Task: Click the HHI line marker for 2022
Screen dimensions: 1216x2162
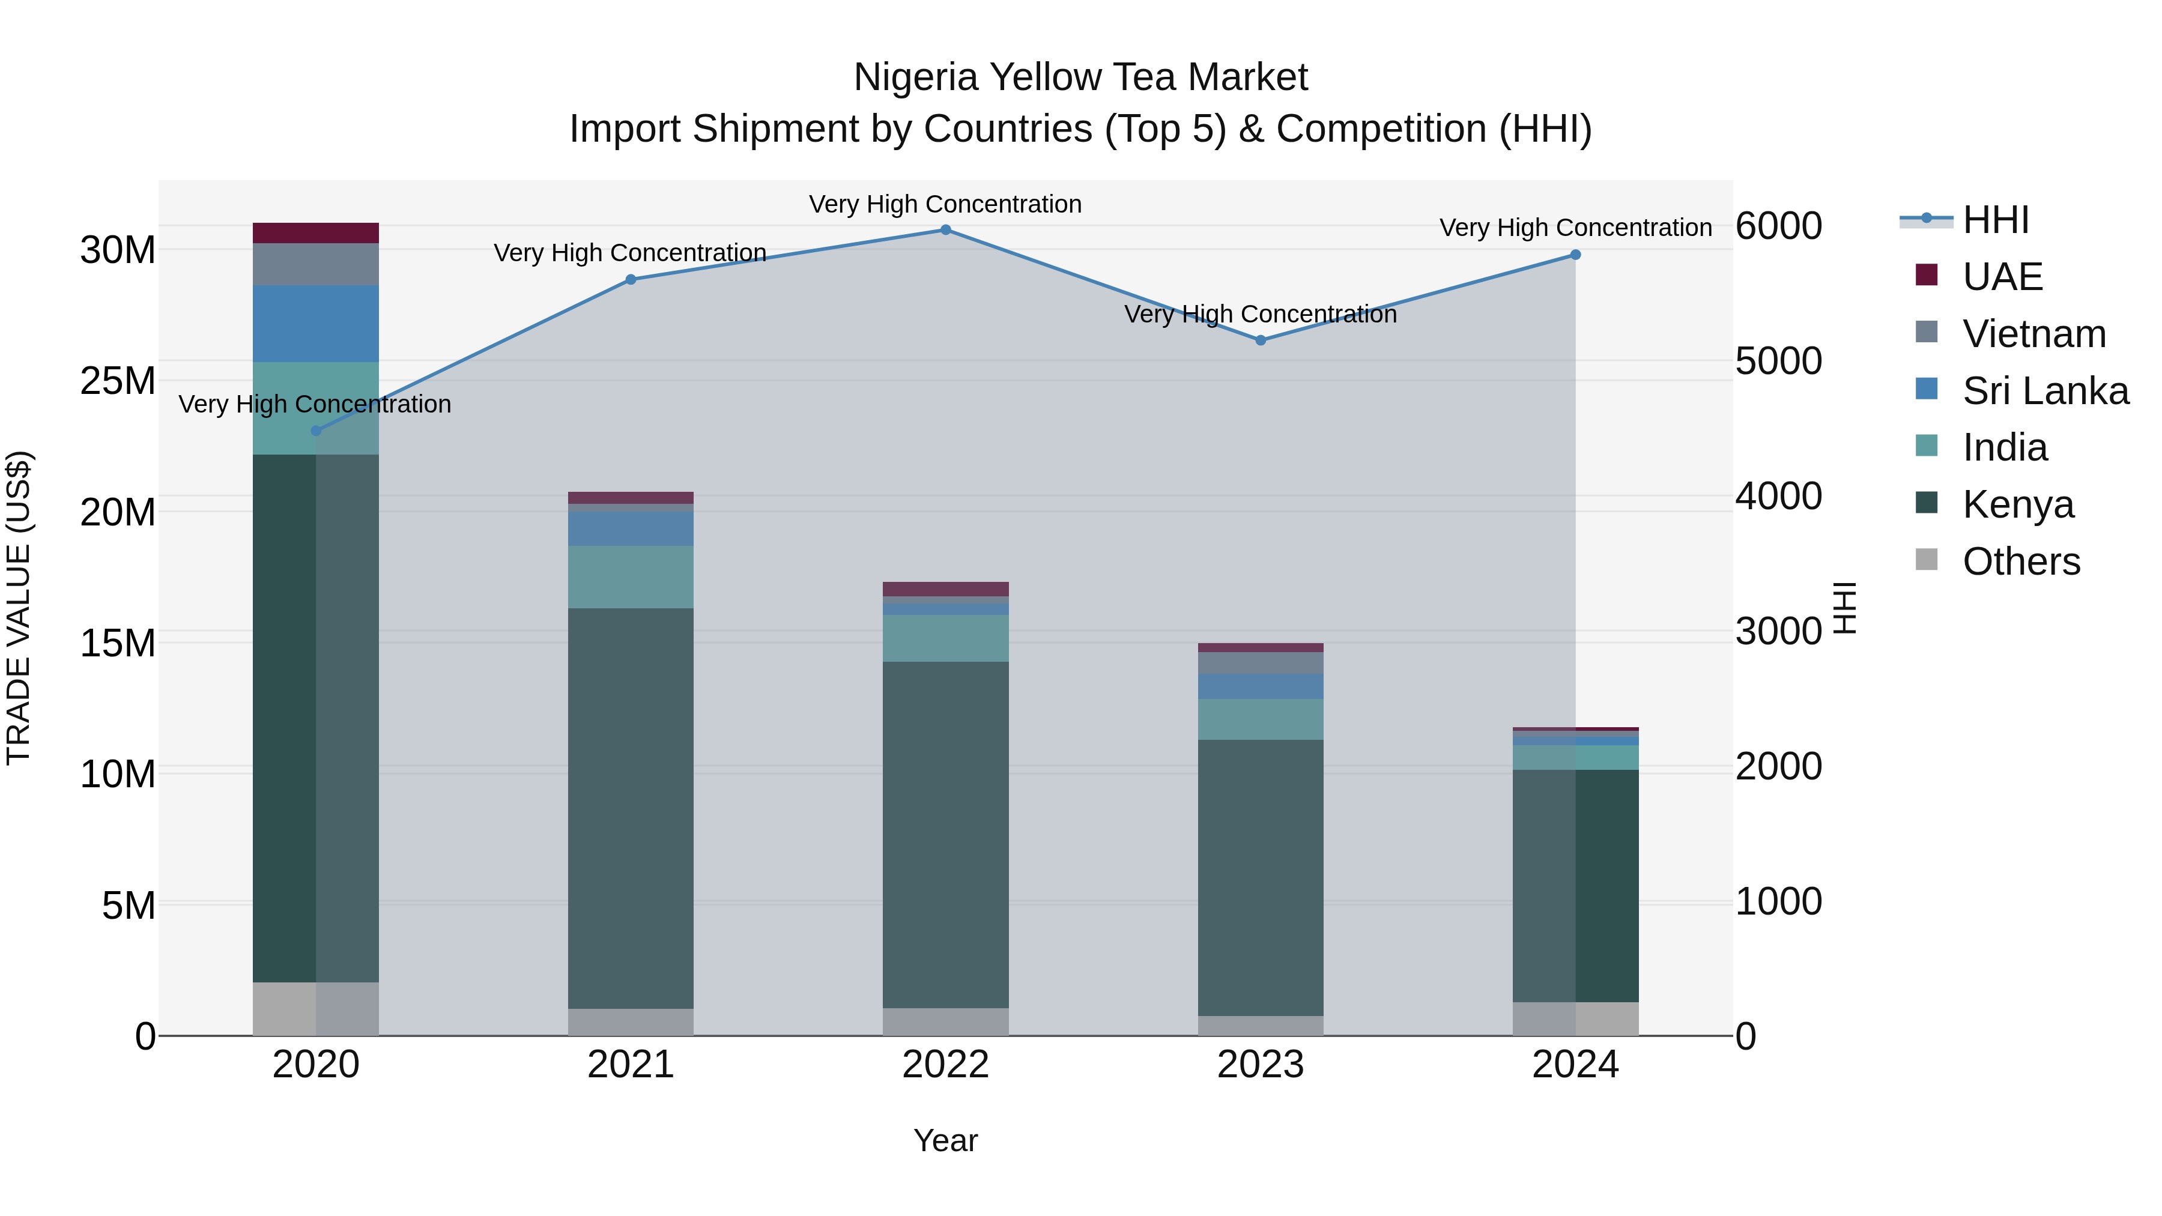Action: click(945, 230)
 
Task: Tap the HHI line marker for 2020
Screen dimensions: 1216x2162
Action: click(315, 431)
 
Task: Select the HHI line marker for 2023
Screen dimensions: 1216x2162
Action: click(1260, 340)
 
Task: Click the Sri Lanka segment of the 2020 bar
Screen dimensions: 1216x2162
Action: click(315, 323)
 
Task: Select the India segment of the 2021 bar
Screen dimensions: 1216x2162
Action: click(631, 576)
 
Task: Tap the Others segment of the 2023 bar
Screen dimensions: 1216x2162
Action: click(1260, 1026)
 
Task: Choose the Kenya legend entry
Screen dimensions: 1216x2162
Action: click(2018, 504)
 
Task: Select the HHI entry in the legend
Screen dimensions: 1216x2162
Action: click(1995, 220)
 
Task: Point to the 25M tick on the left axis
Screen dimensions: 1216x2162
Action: click(118, 381)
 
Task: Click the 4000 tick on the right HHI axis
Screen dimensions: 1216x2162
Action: click(1778, 496)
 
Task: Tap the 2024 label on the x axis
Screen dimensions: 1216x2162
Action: click(1575, 1065)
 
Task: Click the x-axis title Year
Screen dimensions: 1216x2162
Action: click(945, 1140)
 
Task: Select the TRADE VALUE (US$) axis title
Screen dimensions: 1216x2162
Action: click(19, 608)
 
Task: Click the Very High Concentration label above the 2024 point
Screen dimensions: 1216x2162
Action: click(1575, 228)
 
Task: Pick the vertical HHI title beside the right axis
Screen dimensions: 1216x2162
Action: click(1845, 608)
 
